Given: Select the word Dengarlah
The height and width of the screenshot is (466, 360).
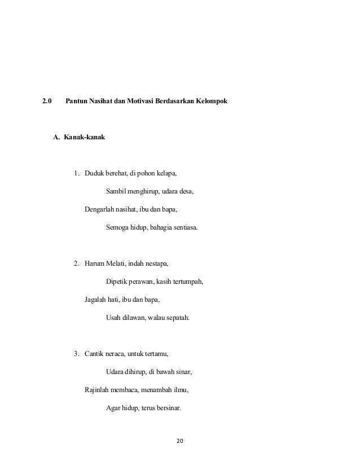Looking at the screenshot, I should click(100, 210).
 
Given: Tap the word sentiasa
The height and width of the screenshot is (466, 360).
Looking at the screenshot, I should click(184, 228).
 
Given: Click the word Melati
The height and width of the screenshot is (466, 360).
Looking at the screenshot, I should click(116, 263).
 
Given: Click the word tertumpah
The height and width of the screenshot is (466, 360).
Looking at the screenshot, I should click(187, 282).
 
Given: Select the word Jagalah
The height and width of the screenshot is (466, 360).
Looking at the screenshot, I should click(96, 300).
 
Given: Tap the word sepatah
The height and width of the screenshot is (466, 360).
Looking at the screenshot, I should click(175, 318).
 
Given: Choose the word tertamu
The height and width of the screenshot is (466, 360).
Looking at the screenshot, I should click(156, 354).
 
